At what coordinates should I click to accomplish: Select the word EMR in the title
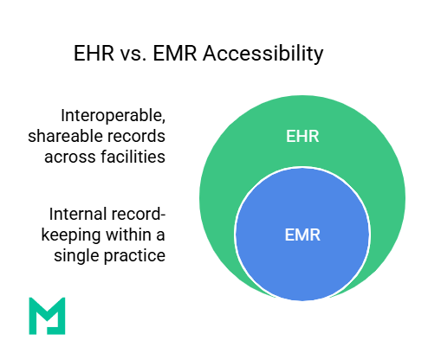(x=171, y=54)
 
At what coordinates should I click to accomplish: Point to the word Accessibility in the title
(x=258, y=54)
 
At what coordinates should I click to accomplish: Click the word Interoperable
(x=113, y=115)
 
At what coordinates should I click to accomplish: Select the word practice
(x=134, y=255)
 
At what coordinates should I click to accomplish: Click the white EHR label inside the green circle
(x=302, y=136)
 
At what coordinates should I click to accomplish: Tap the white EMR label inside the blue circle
(x=302, y=234)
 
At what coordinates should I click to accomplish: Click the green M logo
(x=46, y=315)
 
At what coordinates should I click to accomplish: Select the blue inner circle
(x=302, y=260)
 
